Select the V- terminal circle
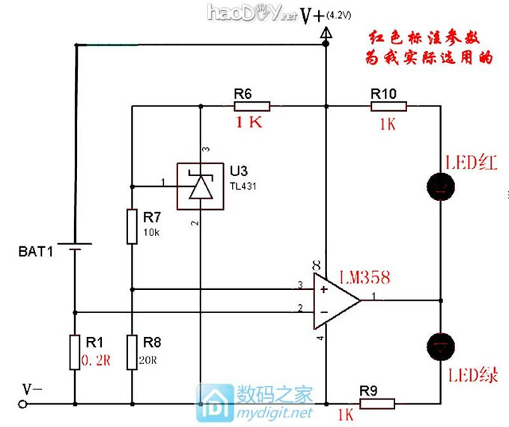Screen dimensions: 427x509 coord(22,405)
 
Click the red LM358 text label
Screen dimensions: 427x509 coord(364,279)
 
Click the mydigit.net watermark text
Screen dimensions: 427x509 coord(273,413)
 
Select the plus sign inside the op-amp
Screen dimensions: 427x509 coord(323,288)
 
